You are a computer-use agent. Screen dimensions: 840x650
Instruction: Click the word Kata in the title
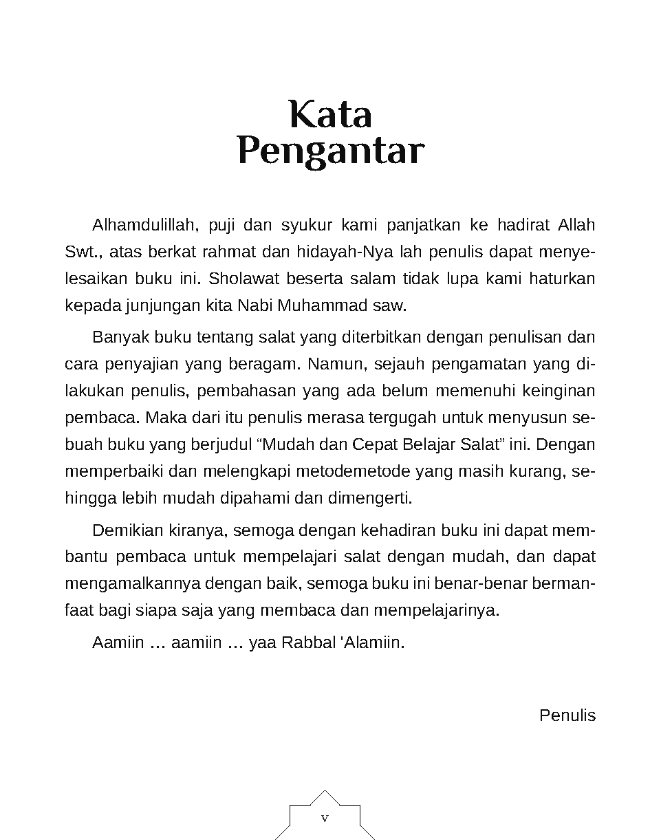click(330, 115)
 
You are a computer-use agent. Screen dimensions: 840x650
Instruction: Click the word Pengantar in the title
click(330, 152)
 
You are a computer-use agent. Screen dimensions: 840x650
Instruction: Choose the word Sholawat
click(240, 279)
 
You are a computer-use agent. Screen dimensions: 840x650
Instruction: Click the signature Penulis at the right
click(567, 715)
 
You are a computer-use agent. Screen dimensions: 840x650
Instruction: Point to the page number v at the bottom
click(325, 819)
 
